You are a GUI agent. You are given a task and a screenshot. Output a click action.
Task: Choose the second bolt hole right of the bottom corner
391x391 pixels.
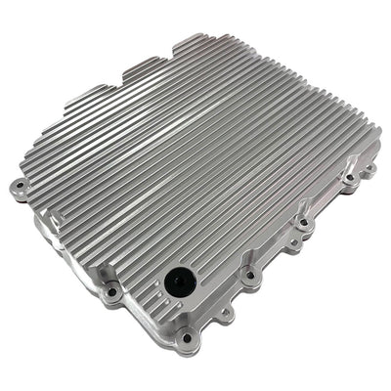(251, 276)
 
